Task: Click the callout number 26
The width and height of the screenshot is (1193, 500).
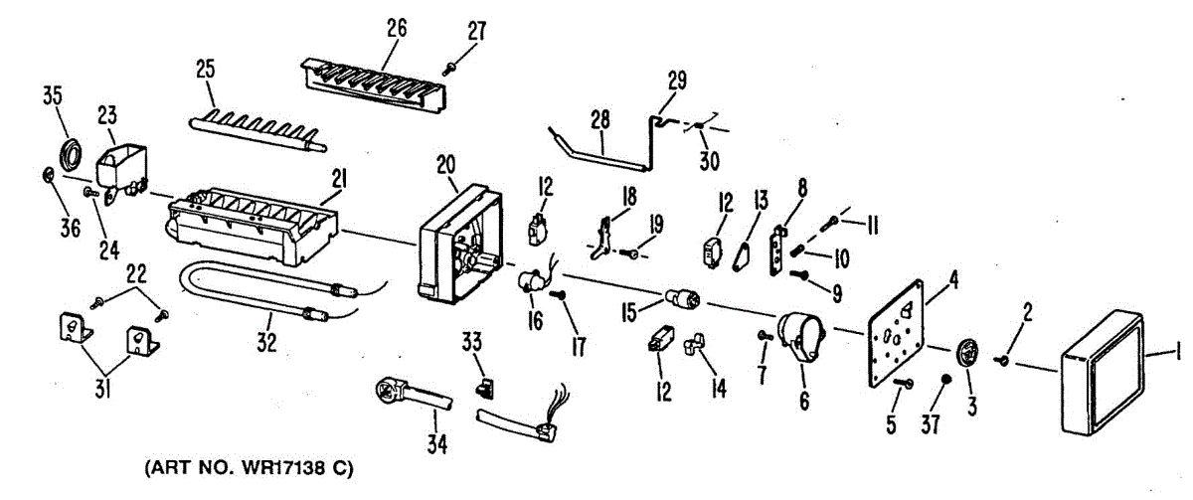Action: click(x=397, y=29)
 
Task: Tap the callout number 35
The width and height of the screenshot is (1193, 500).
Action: click(x=53, y=96)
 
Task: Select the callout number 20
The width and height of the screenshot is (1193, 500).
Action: click(x=444, y=165)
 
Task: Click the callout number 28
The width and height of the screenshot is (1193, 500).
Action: click(x=601, y=119)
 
